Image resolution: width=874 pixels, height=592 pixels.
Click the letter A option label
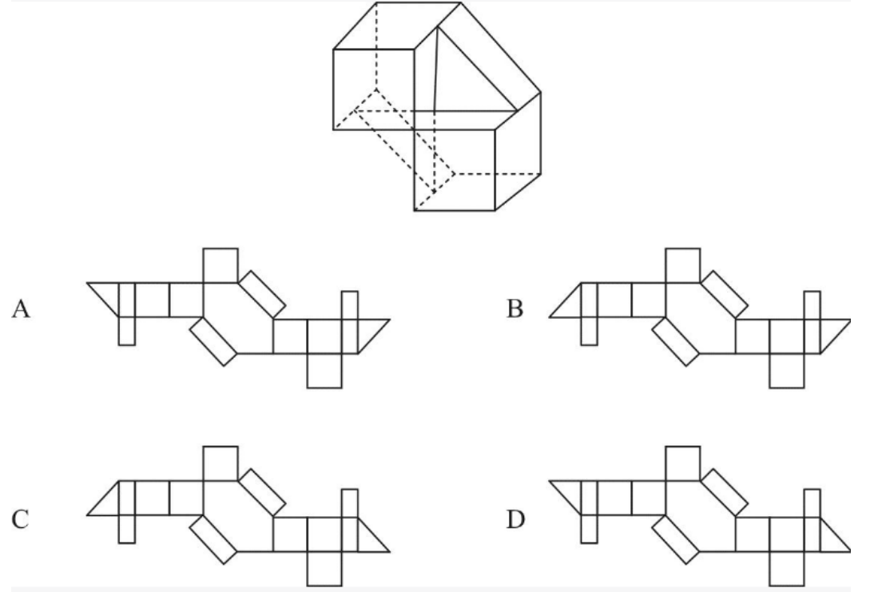point(21,309)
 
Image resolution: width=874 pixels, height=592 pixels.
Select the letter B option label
point(515,309)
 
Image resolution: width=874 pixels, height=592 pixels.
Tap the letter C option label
point(20,519)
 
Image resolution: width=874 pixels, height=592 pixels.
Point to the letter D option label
point(515,519)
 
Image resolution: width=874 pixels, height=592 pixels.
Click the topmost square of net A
point(220,265)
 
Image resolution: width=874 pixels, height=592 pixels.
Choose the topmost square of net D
point(683,463)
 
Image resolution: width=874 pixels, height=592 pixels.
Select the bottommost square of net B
point(786,371)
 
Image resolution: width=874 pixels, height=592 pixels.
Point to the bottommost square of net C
point(324,569)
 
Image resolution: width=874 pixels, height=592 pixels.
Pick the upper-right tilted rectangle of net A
point(262,294)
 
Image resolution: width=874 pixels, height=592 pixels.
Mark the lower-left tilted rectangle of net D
point(676,539)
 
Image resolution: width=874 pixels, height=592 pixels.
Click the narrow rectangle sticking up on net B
point(812,305)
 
